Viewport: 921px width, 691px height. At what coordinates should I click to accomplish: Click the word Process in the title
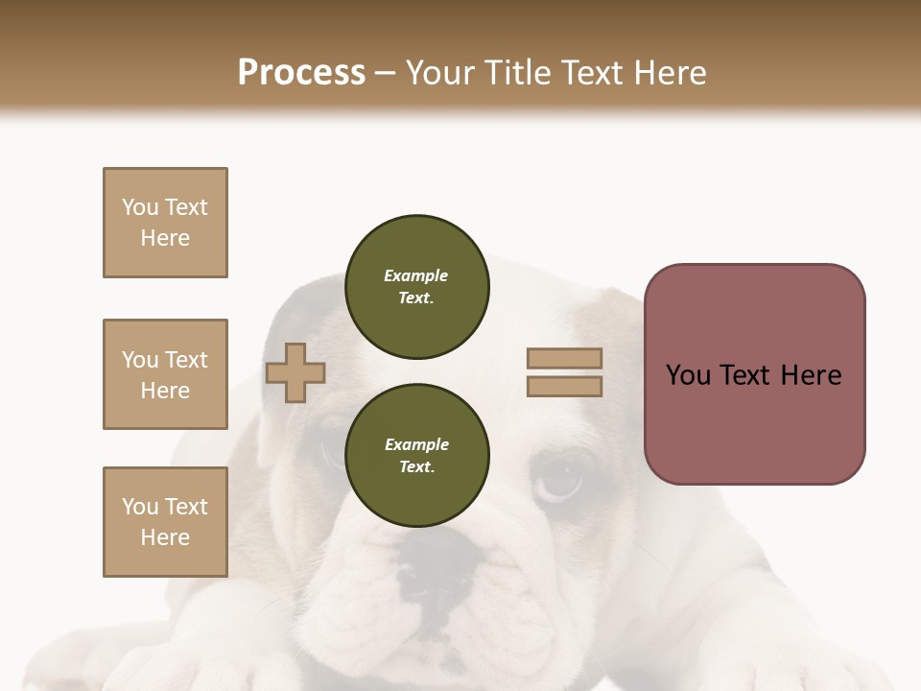tap(301, 73)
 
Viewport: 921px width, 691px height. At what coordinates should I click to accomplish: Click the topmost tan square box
tap(165, 223)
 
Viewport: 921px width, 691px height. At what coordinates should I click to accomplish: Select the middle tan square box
tap(165, 374)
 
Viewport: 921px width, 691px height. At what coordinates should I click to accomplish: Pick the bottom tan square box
tap(165, 522)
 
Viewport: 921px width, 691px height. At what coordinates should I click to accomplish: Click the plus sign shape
tap(295, 373)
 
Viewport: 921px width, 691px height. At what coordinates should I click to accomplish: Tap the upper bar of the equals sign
tap(564, 358)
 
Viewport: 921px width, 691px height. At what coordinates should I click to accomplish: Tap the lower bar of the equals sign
tap(564, 387)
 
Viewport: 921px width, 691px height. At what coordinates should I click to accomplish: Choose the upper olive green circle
tap(416, 287)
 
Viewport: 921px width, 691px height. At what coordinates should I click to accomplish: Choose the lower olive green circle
tap(416, 456)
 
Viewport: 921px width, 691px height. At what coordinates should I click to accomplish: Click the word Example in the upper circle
tap(416, 275)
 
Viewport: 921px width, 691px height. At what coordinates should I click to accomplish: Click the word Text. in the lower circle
tap(416, 467)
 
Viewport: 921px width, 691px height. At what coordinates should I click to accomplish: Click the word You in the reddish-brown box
tap(687, 375)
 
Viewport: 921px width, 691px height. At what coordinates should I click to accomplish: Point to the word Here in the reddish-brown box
tap(811, 375)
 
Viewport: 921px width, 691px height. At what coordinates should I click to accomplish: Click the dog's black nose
tap(437, 566)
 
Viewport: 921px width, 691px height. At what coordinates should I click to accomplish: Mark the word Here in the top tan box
tap(165, 238)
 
